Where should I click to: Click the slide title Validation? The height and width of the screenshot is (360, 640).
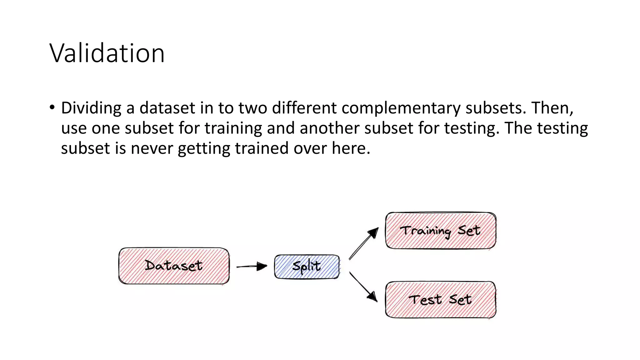tap(107, 53)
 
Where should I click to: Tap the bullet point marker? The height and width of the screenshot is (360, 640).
tap(52, 107)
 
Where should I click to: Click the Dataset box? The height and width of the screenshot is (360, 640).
tap(174, 266)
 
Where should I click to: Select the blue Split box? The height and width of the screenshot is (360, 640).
tap(307, 267)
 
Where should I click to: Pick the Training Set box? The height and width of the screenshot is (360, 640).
tap(440, 231)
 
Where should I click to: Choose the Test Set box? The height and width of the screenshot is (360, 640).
tap(440, 300)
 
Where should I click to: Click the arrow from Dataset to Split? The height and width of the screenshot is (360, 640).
tap(252, 267)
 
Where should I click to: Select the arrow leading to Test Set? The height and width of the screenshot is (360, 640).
tap(363, 287)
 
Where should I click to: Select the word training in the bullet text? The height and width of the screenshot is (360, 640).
tap(233, 128)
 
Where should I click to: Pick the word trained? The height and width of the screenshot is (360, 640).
tap(262, 148)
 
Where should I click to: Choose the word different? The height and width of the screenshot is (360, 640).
tap(304, 108)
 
